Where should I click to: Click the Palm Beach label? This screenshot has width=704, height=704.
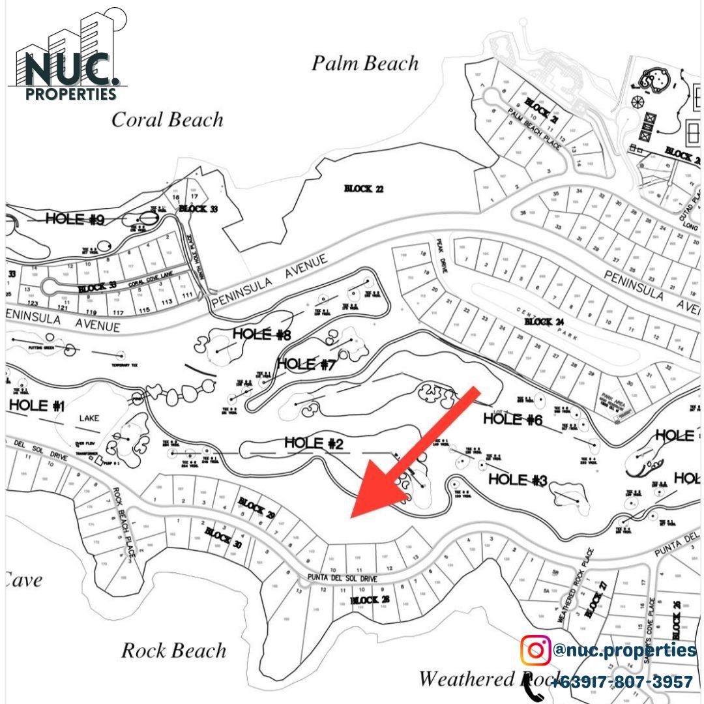[364, 64]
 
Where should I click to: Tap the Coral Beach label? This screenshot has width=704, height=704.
[167, 120]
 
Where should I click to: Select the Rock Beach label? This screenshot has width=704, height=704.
[174, 651]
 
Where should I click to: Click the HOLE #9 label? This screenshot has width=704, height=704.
[75, 219]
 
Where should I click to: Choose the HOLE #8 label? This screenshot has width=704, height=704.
[261, 334]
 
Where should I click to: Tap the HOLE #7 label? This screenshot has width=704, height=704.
[306, 364]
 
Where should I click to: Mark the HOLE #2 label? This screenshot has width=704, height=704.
[314, 444]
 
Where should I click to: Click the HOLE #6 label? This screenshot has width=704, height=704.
[512, 419]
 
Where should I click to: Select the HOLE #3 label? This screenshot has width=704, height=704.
[518, 480]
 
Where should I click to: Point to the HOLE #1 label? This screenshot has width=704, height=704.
[37, 405]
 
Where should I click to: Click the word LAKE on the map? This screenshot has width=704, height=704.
[89, 418]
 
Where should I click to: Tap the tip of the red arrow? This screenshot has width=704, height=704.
[353, 516]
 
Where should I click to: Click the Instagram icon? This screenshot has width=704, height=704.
[535, 650]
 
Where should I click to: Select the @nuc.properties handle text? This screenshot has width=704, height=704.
[624, 650]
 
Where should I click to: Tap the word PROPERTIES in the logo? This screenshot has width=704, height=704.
[72, 94]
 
